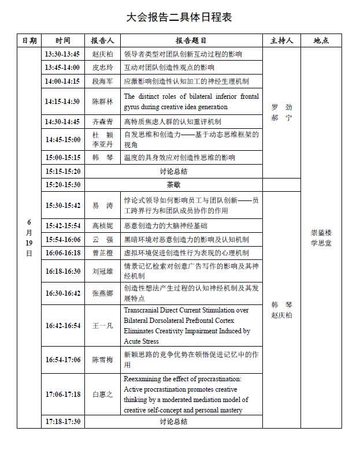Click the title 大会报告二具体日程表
pos(179,17)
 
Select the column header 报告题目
pos(191,40)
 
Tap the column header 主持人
pos(281,40)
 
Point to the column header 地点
pos(321,40)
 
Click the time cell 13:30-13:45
pos(62,54)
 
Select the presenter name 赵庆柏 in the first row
pos(102,54)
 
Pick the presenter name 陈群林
pos(102,102)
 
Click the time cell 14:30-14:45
pos(62,122)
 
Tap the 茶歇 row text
pos(173,185)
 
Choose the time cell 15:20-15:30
pos(62,185)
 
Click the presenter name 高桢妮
pos(102,225)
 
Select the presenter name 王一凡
pos(102,326)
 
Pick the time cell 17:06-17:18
pos(62,395)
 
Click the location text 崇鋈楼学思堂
pos(321,237)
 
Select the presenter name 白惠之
pos(102,395)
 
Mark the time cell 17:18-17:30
pos(62,422)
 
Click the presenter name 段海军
pos(102,81)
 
